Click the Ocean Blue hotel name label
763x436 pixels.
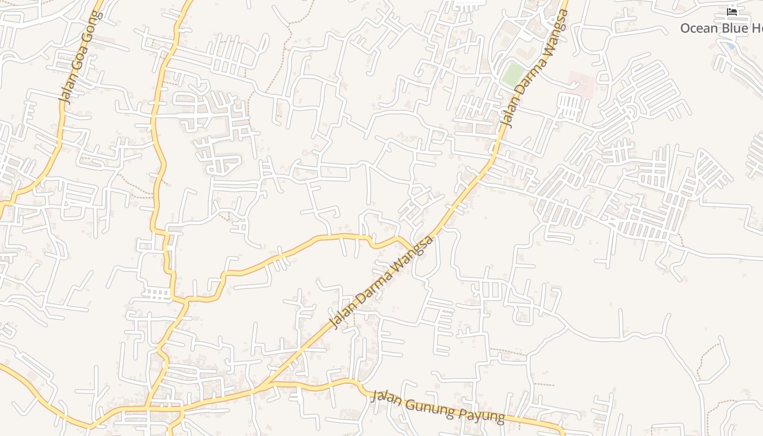(x=720, y=28)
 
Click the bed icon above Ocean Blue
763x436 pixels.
(x=732, y=11)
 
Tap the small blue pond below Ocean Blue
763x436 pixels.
(x=730, y=46)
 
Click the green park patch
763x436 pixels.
(x=512, y=74)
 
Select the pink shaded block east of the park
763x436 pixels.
(x=581, y=84)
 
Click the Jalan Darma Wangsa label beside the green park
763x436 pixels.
(x=534, y=68)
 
